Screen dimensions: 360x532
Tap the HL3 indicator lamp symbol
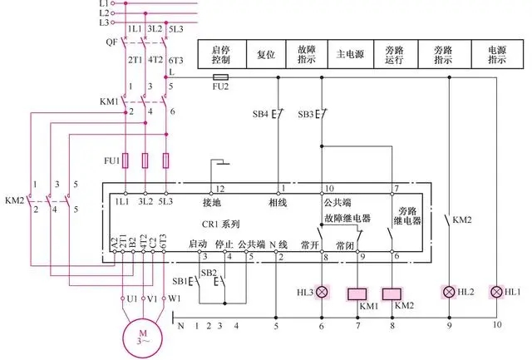pos(322,292)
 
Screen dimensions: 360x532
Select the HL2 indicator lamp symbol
pos(450,292)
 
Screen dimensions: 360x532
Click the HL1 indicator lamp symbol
pos(497,292)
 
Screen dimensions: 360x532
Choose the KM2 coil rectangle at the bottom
pos(392,292)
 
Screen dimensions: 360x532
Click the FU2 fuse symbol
pos(221,76)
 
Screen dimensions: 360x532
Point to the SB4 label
pos(260,113)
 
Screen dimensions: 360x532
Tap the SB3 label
pos(305,113)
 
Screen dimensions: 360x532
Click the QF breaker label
pos(111,41)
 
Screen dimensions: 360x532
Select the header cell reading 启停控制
pos(220,54)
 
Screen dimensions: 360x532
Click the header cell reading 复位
pos(265,54)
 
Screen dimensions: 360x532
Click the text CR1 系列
pos(222,224)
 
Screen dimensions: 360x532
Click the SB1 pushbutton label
pos(180,280)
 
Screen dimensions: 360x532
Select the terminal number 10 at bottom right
pos(497,325)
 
